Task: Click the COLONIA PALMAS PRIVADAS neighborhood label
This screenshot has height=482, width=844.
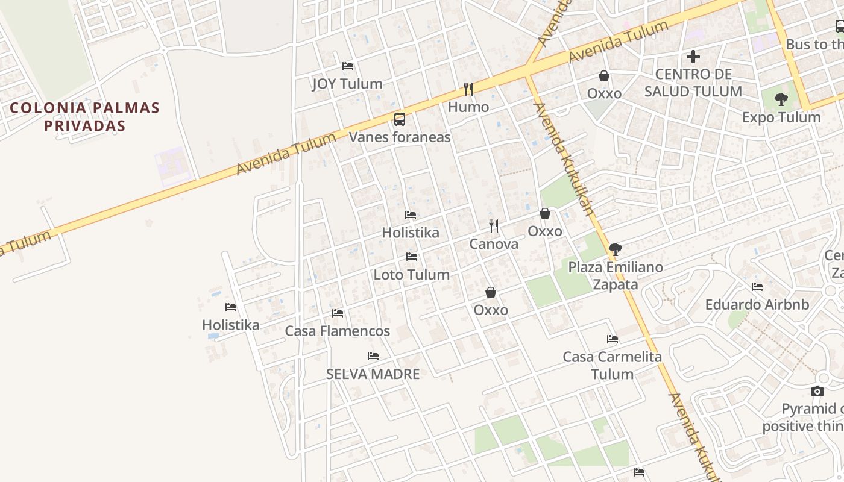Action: (x=84, y=117)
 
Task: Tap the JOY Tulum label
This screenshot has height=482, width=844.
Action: (x=347, y=84)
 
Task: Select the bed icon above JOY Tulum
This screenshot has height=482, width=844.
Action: (x=348, y=66)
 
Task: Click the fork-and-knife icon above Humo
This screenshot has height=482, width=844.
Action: (x=468, y=89)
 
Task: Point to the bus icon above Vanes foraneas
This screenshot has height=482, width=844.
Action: (x=400, y=119)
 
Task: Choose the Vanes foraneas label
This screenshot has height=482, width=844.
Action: (x=400, y=137)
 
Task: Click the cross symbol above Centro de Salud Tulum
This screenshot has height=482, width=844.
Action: (x=693, y=57)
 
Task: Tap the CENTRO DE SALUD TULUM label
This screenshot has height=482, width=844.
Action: (x=693, y=83)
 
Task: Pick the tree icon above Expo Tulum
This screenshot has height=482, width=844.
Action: (x=781, y=99)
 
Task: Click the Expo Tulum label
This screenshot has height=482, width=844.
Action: (x=781, y=117)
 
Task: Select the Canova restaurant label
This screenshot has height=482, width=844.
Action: (x=494, y=244)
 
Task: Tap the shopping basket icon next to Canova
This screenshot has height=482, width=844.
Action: (x=545, y=213)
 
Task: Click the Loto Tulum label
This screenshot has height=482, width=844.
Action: (x=412, y=275)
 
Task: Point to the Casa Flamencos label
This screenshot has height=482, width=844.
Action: (x=338, y=331)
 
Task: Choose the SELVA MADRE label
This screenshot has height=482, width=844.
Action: (x=373, y=374)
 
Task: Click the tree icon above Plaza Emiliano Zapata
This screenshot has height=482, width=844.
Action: (x=616, y=249)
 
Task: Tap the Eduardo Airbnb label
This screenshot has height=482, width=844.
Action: (x=757, y=304)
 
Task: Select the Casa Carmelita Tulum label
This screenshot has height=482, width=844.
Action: (x=613, y=365)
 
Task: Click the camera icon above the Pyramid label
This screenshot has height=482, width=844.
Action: (x=817, y=391)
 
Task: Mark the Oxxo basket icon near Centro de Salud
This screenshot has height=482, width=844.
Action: (x=604, y=76)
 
